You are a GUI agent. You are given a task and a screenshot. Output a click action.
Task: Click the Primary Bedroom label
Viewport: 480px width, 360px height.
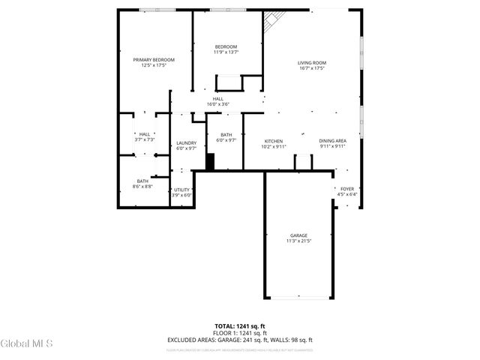pyautogui.click(x=154, y=60)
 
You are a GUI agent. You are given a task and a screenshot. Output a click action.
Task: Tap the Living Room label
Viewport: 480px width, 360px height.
pyautogui.click(x=312, y=63)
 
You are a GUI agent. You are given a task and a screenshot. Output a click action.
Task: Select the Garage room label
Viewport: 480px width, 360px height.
pyautogui.click(x=298, y=235)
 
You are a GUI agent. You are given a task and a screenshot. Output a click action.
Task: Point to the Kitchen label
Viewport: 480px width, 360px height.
pyautogui.click(x=273, y=141)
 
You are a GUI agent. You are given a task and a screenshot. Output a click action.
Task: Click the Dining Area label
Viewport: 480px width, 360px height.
pyautogui.click(x=332, y=141)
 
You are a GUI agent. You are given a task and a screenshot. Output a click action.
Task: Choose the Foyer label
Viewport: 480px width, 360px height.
pyautogui.click(x=347, y=189)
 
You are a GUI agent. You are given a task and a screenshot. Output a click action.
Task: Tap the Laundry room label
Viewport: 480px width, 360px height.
pyautogui.click(x=186, y=143)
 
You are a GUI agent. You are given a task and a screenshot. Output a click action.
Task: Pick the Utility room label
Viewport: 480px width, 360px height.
pyautogui.click(x=182, y=190)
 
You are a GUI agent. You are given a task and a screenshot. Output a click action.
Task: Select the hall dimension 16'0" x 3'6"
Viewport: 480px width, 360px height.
pyautogui.click(x=217, y=104)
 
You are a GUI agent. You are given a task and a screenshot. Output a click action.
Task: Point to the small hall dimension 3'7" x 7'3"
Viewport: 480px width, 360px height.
pyautogui.click(x=144, y=139)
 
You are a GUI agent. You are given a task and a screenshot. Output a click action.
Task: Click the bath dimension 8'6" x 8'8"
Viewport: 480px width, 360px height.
pyautogui.click(x=142, y=186)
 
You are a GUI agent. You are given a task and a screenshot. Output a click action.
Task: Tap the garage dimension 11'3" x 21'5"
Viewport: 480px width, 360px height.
pyautogui.click(x=298, y=241)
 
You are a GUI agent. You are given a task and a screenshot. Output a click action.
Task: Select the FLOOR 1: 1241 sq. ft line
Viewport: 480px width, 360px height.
pyautogui.click(x=240, y=333)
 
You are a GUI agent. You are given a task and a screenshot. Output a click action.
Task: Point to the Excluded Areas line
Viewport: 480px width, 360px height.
pyautogui.click(x=240, y=340)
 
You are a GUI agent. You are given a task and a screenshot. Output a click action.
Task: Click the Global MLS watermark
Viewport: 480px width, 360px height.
pyautogui.click(x=27, y=344)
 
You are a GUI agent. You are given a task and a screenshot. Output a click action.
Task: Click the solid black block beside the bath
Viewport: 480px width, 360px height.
pyautogui.click(x=211, y=162)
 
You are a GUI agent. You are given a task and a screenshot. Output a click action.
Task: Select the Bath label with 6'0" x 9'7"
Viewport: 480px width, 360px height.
pyautogui.click(x=226, y=137)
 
